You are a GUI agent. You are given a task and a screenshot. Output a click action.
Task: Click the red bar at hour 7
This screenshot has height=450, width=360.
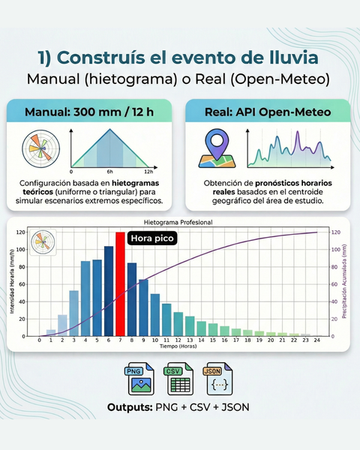click(120, 283)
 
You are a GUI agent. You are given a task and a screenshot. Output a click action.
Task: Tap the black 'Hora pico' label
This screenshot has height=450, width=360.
click(152, 238)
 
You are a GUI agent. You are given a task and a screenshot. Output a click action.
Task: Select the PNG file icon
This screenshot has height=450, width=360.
click(139, 379)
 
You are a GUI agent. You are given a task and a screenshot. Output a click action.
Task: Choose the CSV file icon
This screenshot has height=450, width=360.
click(178, 379)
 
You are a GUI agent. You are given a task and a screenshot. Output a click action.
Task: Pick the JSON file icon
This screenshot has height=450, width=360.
click(218, 379)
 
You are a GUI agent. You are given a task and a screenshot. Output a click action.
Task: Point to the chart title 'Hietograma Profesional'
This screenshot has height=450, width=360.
click(178, 222)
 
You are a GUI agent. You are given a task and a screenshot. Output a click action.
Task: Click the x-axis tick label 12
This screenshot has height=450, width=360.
click(178, 340)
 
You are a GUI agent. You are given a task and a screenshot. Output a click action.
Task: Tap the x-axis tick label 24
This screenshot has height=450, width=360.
click(317, 340)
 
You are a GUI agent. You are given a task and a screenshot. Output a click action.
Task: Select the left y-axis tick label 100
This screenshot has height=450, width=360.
click(21, 250)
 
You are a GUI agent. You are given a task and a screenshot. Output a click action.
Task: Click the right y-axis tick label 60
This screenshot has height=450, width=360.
click(334, 284)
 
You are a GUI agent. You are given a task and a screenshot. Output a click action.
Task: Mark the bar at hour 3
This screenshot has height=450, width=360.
click(74, 313)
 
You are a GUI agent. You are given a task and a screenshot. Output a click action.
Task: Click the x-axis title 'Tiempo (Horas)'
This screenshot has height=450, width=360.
click(178, 346)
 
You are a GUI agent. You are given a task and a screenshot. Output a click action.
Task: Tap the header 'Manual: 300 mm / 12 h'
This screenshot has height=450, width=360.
click(89, 112)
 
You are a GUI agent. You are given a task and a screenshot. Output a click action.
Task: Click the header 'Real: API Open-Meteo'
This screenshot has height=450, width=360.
click(268, 112)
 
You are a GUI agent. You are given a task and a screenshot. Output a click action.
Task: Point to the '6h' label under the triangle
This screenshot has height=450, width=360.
click(110, 172)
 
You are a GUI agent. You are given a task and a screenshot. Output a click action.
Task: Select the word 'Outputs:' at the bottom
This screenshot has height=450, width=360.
click(130, 407)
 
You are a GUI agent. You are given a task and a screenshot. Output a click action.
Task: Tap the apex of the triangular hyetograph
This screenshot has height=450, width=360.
click(110, 129)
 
